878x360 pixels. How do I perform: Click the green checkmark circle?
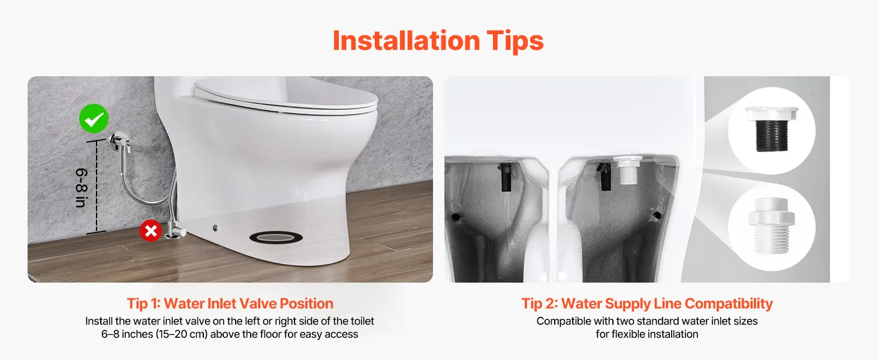[94, 118]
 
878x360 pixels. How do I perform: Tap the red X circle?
[151, 230]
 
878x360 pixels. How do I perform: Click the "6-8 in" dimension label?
[81, 188]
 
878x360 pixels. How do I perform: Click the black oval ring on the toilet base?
[276, 237]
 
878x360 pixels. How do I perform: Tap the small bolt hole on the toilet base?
[215, 227]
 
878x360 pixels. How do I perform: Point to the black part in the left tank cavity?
[506, 177]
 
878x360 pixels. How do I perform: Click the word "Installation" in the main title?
[406, 40]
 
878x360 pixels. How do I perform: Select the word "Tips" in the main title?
[515, 41]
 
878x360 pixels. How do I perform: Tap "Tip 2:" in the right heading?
[540, 304]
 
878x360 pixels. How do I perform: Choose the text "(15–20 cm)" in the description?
[182, 334]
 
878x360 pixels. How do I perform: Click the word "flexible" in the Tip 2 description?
[630, 334]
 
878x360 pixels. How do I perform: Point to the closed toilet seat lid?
[286, 95]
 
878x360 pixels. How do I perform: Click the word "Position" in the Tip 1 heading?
[306, 304]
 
